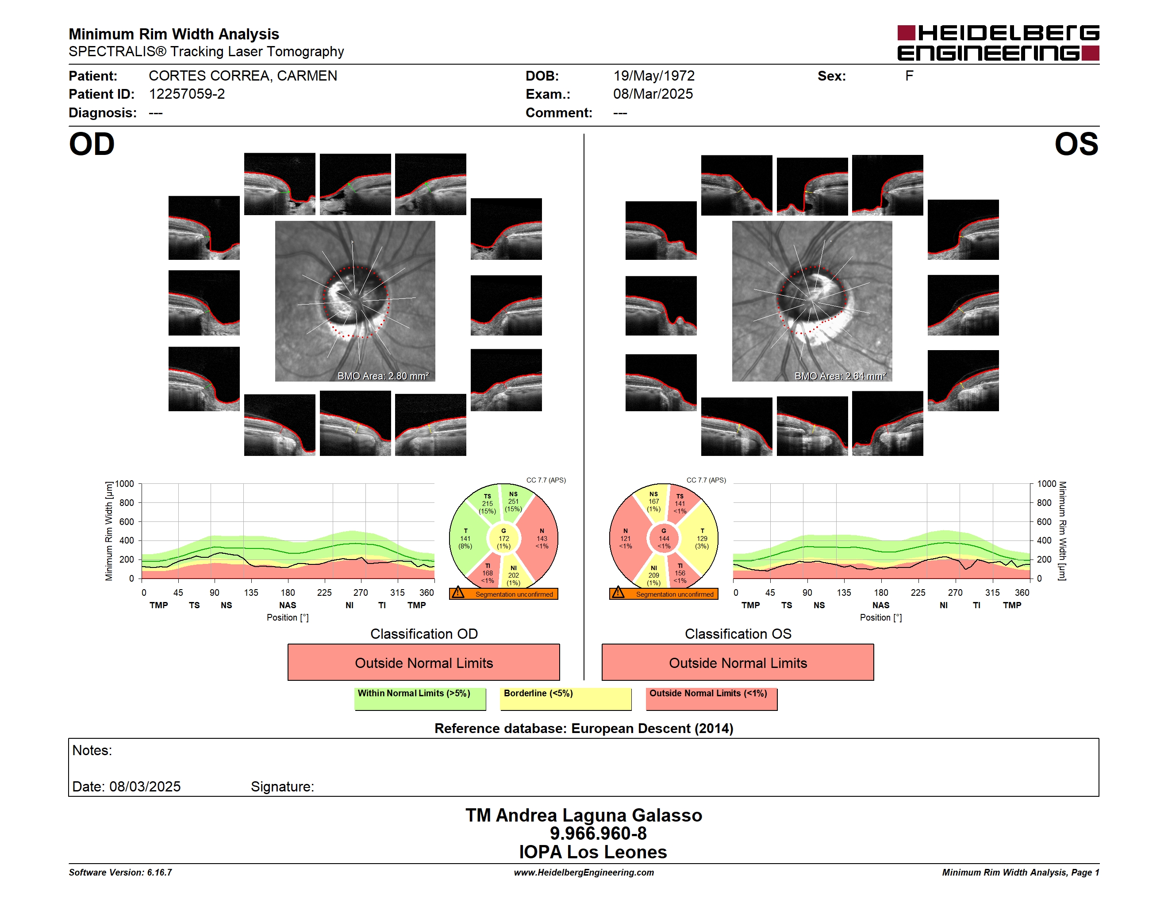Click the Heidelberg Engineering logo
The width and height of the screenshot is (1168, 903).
998,43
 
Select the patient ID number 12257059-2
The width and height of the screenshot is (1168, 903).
187,94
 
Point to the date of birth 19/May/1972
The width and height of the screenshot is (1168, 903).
653,76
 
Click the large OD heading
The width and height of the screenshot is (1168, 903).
92,144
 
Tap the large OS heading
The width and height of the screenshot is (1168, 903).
1076,144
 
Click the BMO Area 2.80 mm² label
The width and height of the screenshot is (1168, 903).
383,376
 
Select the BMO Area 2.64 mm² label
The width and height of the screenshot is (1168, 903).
840,376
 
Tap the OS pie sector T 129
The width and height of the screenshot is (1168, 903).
702,538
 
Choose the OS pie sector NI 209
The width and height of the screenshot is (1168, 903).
653,575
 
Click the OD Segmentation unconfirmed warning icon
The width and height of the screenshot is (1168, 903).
458,593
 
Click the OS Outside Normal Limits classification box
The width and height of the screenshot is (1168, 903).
738,662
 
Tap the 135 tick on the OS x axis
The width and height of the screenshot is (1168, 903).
844,593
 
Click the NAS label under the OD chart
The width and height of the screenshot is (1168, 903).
288,605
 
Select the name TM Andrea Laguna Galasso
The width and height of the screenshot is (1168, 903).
584,815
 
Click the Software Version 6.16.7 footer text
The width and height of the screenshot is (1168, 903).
120,872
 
